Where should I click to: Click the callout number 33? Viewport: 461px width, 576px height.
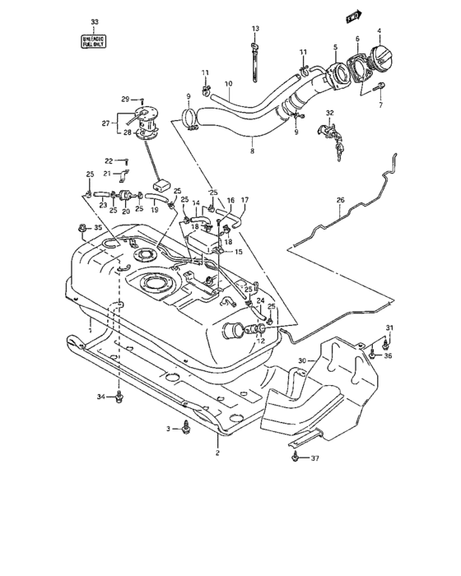pyautogui.click(x=94, y=21)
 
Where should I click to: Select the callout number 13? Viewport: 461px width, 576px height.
pyautogui.click(x=255, y=30)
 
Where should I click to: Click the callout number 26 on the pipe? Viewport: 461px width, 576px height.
pyautogui.click(x=340, y=200)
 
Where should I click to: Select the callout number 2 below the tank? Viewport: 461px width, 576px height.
pyautogui.click(x=217, y=453)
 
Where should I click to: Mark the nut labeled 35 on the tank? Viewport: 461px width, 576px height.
pyautogui.click(x=81, y=228)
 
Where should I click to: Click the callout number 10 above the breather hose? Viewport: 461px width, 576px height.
pyautogui.click(x=228, y=83)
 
